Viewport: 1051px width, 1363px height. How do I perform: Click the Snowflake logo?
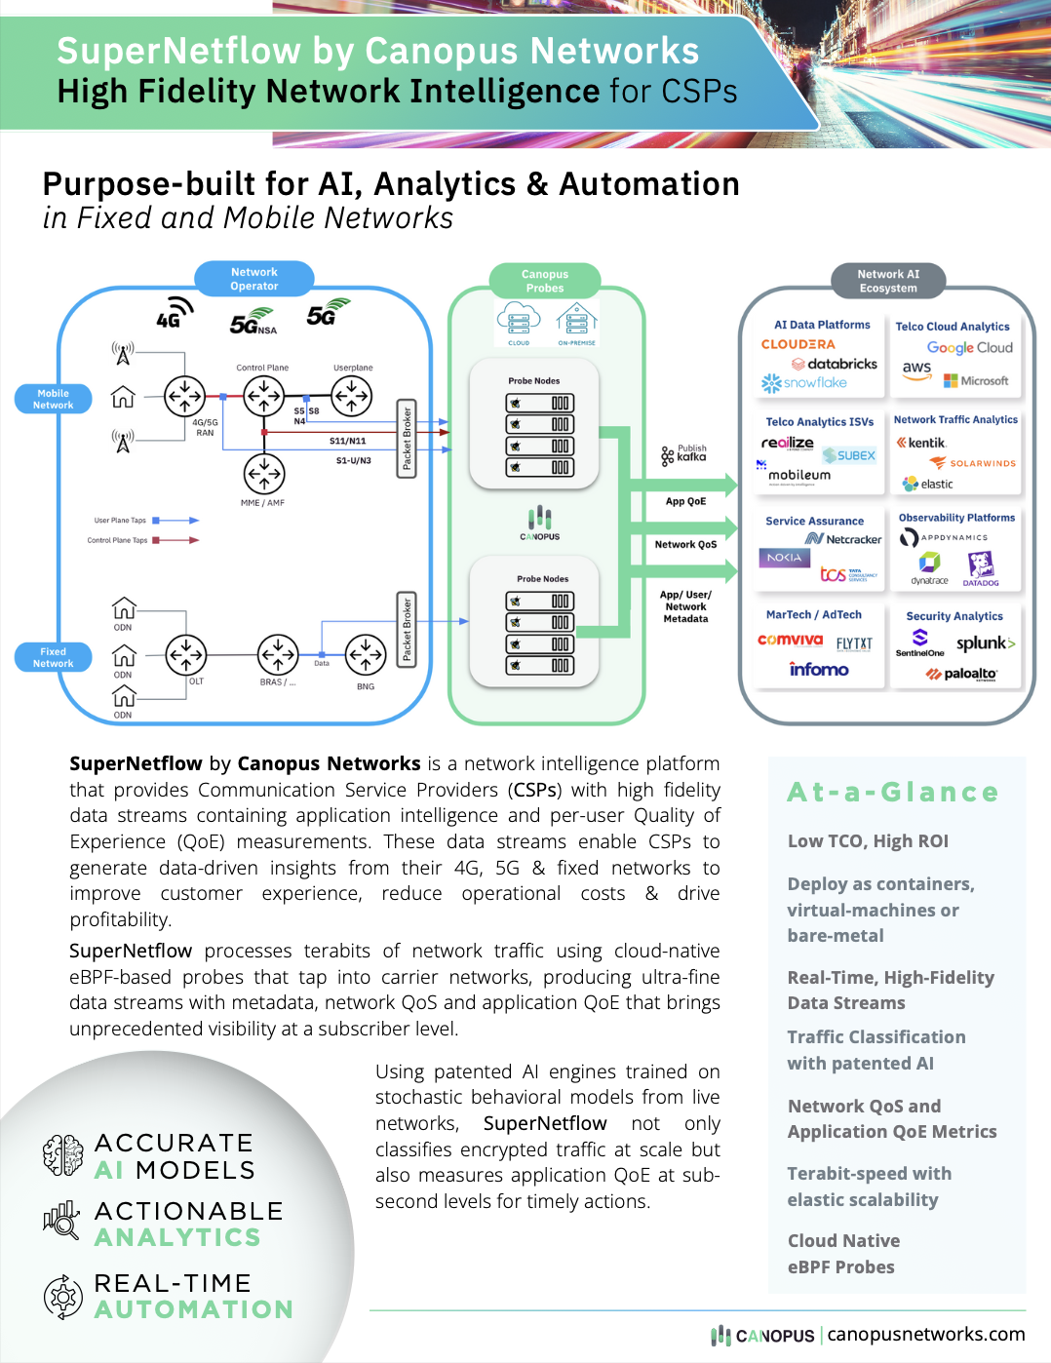point(804,383)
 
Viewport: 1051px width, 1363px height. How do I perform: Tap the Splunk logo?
point(985,643)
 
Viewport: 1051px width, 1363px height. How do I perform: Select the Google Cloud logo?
point(969,348)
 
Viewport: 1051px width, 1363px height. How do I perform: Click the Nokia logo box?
point(784,558)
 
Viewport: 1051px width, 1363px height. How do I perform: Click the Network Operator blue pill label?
point(254,279)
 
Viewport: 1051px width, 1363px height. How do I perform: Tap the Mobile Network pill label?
point(54,399)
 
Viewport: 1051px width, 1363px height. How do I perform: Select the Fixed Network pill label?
point(54,657)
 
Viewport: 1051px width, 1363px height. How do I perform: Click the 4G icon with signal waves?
point(174,314)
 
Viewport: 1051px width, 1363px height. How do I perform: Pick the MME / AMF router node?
point(263,475)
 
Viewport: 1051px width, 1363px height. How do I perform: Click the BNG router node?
point(366,655)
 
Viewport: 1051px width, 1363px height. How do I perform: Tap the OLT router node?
point(185,655)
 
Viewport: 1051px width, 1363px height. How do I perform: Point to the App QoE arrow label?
point(685,501)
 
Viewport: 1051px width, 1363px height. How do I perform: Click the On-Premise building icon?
point(576,320)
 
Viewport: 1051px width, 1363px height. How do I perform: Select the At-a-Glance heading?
point(893,792)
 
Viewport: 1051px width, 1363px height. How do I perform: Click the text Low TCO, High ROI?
point(868,841)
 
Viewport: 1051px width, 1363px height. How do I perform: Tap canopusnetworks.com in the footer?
point(925,1334)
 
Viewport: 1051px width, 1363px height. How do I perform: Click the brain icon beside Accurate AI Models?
point(63,1155)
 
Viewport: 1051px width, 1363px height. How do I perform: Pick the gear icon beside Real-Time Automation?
point(63,1297)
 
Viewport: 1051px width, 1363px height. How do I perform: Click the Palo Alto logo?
point(961,674)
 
